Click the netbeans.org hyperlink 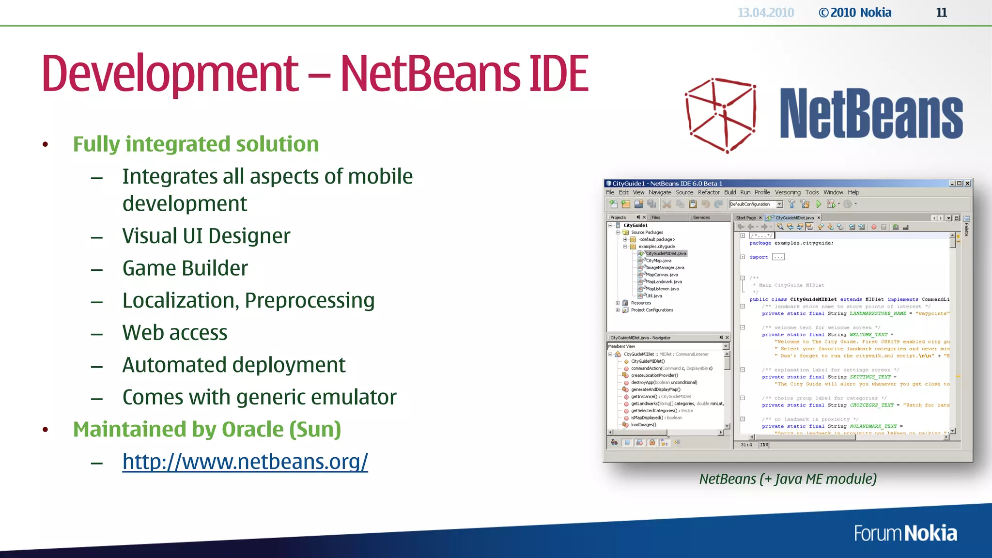click(x=245, y=462)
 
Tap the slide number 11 click(x=941, y=13)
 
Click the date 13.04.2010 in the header click(x=765, y=13)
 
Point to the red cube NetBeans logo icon click(x=721, y=115)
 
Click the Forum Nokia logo click(x=905, y=533)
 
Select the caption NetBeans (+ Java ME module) click(x=788, y=479)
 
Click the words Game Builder click(x=185, y=268)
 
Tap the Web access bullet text click(x=175, y=333)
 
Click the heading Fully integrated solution click(x=196, y=144)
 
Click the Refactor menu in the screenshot click(x=709, y=192)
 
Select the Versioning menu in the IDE click(x=788, y=192)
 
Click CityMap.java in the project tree click(x=659, y=261)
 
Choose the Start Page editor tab click(x=746, y=218)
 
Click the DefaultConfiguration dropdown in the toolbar click(x=756, y=204)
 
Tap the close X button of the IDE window click(x=967, y=183)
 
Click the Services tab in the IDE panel click(x=701, y=217)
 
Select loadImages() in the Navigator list click(x=643, y=425)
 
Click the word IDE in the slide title click(x=559, y=74)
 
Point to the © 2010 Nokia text click(x=855, y=13)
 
